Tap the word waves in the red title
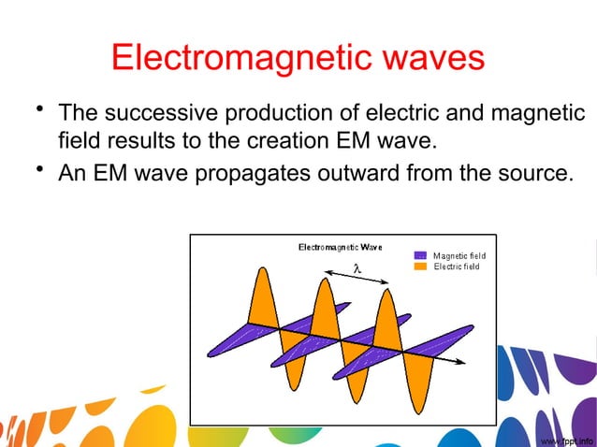pos(433,58)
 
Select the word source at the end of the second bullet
pos(531,173)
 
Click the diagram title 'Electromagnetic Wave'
pos(340,247)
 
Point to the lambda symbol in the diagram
pos(357,269)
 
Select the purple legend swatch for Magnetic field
pos(420,255)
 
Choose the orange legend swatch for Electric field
pos(420,267)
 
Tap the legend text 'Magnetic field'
pos(459,255)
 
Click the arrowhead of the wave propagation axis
pos(462,362)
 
